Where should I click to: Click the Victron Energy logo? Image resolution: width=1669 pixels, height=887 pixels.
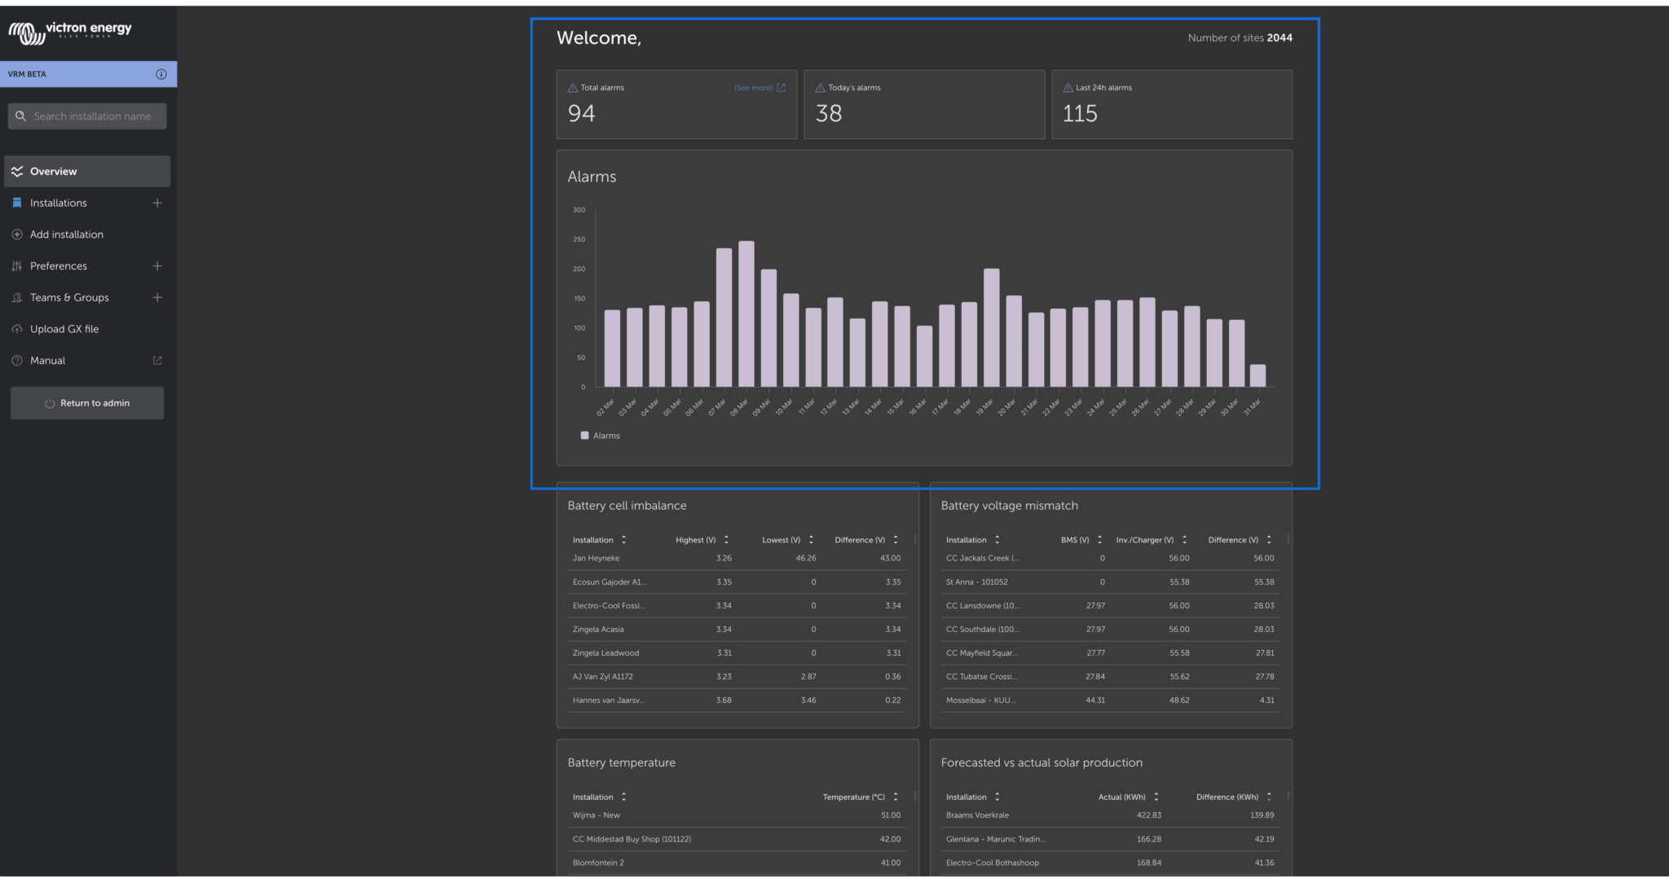pyautogui.click(x=70, y=31)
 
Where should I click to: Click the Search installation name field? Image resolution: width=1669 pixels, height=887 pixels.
pyautogui.click(x=91, y=116)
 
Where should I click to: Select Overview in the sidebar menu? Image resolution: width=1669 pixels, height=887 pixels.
pyautogui.click(x=54, y=172)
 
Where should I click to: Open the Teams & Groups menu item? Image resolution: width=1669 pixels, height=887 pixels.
pyautogui.click(x=69, y=298)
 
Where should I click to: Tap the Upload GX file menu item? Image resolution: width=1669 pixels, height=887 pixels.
pyautogui.click(x=64, y=329)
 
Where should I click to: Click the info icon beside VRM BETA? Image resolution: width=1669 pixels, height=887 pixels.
pyautogui.click(x=161, y=74)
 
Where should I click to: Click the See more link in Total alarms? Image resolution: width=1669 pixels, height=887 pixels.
pyautogui.click(x=754, y=88)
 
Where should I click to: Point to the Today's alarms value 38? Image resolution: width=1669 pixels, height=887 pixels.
pyautogui.click(x=829, y=114)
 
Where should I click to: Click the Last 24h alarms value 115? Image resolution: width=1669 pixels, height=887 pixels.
pyautogui.click(x=1080, y=114)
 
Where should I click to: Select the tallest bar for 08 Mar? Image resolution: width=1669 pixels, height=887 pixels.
pyautogui.click(x=746, y=314)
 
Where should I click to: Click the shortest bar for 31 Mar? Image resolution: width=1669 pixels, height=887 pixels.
pyautogui.click(x=1257, y=375)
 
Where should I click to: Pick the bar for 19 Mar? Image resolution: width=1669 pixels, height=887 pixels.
pyautogui.click(x=991, y=328)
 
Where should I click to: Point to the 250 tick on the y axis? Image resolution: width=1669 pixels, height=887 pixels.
pyautogui.click(x=579, y=239)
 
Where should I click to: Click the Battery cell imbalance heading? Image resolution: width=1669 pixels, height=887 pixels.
pyautogui.click(x=627, y=506)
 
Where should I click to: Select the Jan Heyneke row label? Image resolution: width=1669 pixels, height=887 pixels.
pyautogui.click(x=596, y=559)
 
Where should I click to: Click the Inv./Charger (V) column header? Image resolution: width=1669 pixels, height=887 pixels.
pyautogui.click(x=1145, y=540)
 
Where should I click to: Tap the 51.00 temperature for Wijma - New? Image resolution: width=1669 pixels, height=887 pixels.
pyautogui.click(x=890, y=815)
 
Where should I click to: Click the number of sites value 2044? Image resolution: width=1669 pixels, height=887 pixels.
pyautogui.click(x=1279, y=38)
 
